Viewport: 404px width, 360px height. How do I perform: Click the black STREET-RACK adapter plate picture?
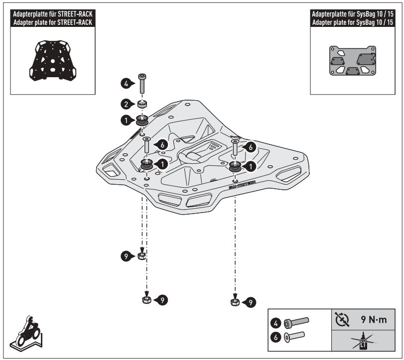click(x=51, y=60)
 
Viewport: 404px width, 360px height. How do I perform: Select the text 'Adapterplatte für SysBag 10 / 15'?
click(x=356, y=15)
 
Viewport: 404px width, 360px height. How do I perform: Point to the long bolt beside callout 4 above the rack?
click(x=141, y=83)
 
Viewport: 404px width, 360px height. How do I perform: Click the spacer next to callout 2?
click(x=142, y=104)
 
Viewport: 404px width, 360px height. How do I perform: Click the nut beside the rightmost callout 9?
click(x=235, y=302)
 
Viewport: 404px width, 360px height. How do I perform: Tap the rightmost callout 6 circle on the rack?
click(x=251, y=147)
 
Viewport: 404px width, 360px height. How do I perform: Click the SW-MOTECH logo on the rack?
click(x=242, y=185)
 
